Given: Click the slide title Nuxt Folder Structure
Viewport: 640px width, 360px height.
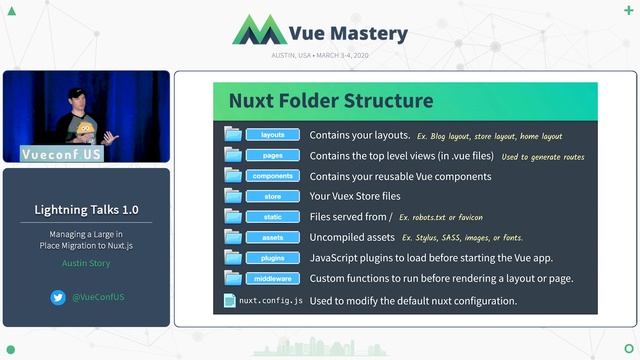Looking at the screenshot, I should (331, 101).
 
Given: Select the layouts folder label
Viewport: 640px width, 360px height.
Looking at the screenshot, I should (273, 135).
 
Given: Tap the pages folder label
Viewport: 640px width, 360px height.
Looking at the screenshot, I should (273, 156).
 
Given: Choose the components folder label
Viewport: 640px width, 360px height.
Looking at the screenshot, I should (273, 176).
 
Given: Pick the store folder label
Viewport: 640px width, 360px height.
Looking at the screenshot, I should (273, 196).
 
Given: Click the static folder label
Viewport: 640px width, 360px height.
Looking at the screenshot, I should (273, 217).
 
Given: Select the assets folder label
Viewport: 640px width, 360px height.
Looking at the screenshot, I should (273, 238).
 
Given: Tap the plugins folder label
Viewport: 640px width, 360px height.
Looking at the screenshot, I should (273, 258).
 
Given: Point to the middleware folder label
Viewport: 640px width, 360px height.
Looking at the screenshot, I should (273, 278).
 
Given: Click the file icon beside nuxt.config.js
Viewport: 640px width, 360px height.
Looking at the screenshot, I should (230, 300).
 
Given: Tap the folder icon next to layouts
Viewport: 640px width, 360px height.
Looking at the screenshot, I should (233, 134).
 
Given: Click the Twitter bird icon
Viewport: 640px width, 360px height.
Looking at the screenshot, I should (58, 297).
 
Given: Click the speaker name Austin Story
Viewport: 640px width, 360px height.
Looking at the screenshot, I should (87, 264).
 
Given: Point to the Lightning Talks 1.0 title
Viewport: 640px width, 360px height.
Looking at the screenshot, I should (87, 210).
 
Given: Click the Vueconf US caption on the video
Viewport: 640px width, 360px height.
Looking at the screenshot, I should (61, 154).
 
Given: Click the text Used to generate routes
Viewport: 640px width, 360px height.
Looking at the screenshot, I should (543, 156).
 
